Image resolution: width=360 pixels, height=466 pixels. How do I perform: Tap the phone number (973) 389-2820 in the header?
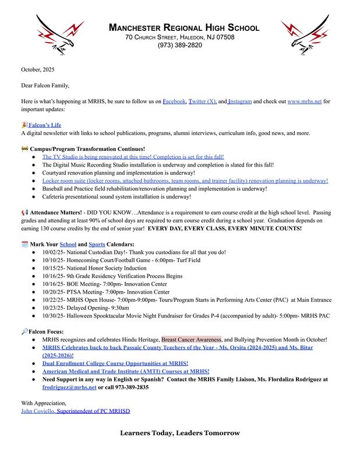tap(179, 45)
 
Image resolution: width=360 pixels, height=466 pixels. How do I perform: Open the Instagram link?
tap(240, 101)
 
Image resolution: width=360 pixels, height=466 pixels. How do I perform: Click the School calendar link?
tap(68, 243)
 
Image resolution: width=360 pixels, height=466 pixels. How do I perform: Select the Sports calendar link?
tap(96, 243)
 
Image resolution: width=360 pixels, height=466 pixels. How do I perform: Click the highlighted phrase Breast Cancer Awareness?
tap(192, 339)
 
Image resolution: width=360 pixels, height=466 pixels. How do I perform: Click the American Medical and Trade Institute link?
tap(125, 371)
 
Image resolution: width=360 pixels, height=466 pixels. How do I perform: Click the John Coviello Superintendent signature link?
tap(75, 411)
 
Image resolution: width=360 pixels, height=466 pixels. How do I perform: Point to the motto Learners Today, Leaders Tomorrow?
tap(179, 433)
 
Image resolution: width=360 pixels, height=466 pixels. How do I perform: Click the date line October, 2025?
tap(37, 69)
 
